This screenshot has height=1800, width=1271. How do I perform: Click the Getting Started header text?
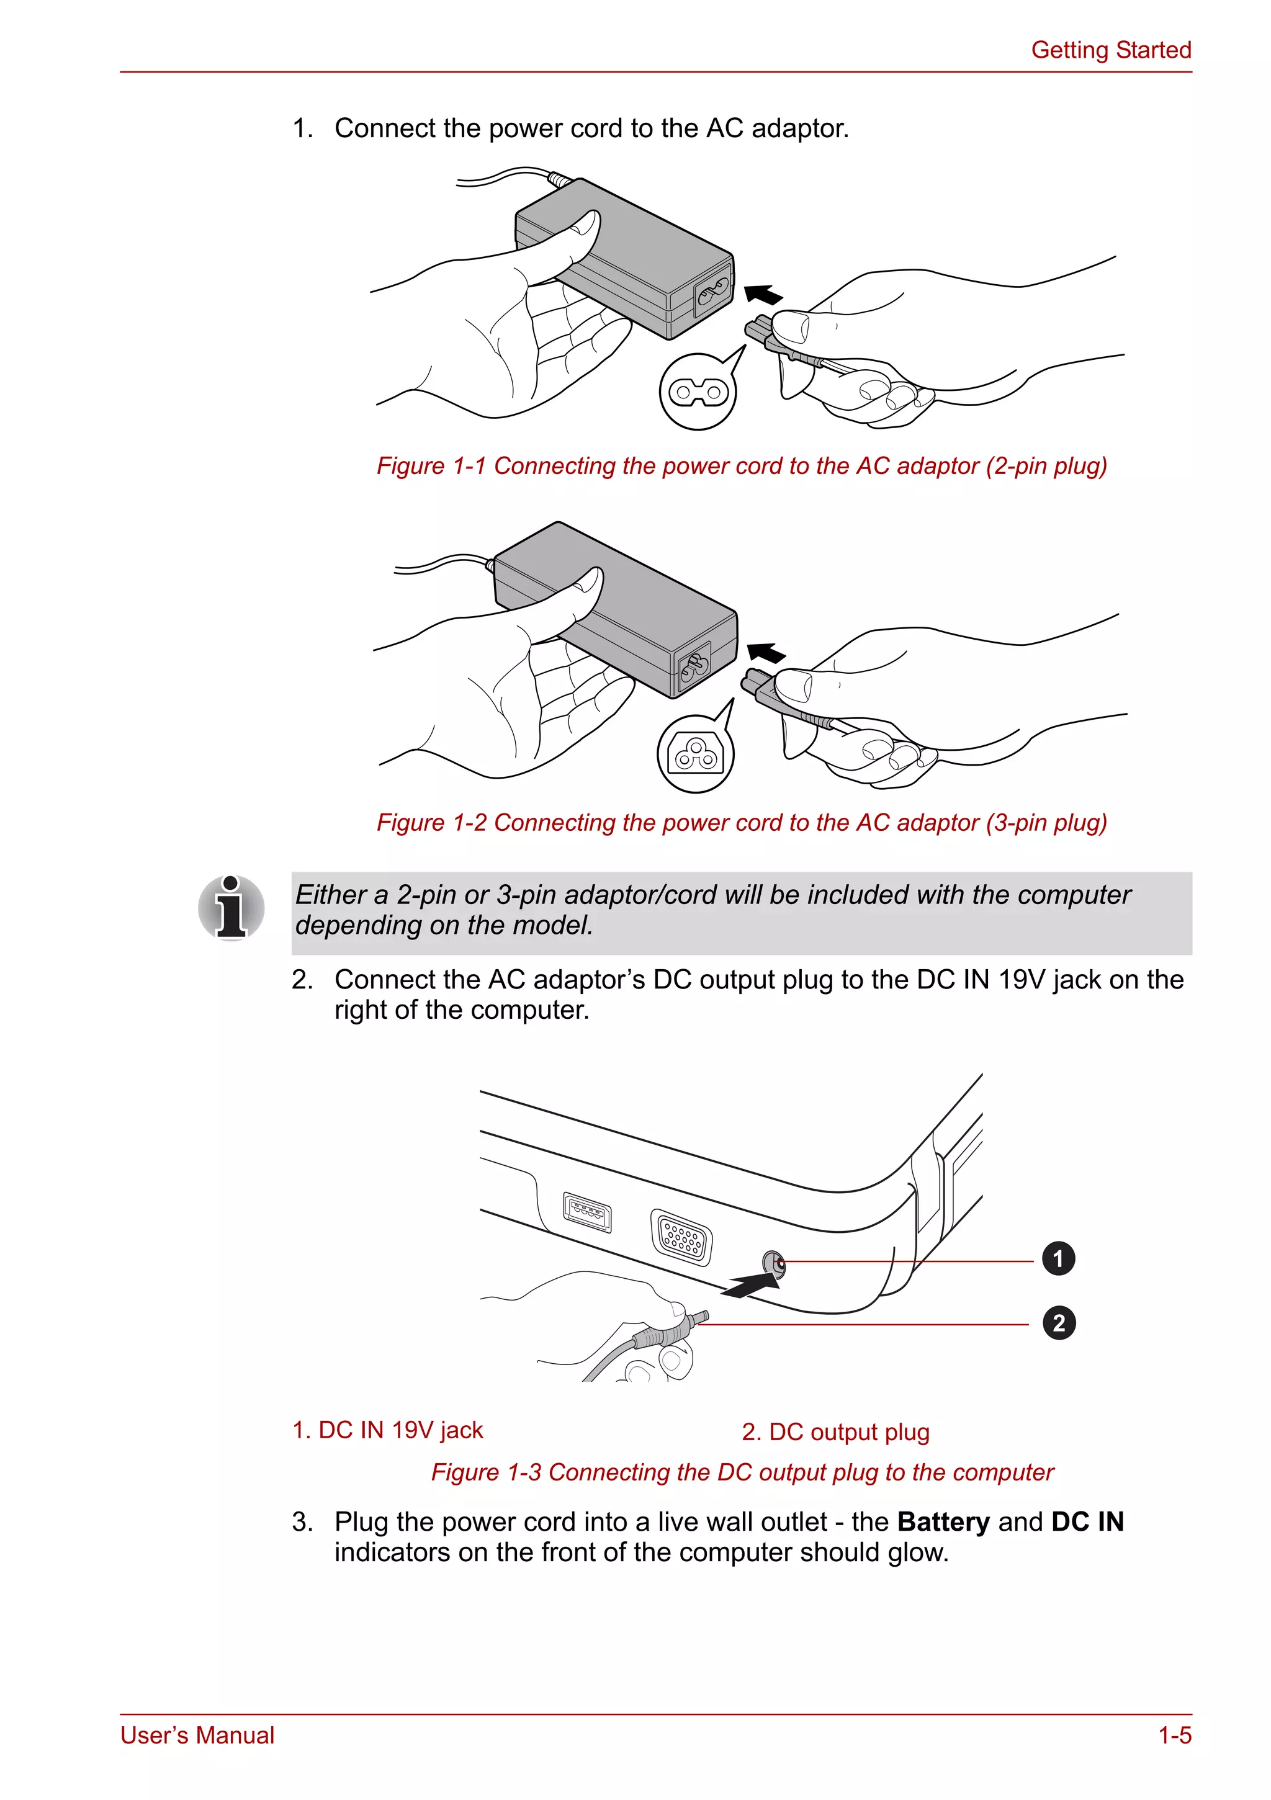[1110, 50]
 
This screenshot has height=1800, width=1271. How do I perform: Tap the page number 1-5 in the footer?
[1175, 1735]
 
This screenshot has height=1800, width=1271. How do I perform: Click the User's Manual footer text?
[197, 1735]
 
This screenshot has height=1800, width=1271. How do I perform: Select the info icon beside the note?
[231, 908]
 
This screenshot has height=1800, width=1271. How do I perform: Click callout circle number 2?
[1059, 1323]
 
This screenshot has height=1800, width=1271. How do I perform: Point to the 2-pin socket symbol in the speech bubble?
[698, 391]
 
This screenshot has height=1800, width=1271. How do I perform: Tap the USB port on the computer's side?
[587, 1213]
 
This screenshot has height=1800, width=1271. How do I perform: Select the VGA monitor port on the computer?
[681, 1237]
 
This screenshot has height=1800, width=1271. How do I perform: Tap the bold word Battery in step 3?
[943, 1521]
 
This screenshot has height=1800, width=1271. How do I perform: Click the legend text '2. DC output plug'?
[835, 1432]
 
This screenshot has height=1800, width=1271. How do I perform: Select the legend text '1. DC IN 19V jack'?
[387, 1430]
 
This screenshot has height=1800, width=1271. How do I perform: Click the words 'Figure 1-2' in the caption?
[431, 822]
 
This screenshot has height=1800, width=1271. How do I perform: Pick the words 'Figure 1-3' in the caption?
[486, 1472]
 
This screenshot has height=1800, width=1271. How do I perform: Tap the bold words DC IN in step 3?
[1087, 1521]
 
